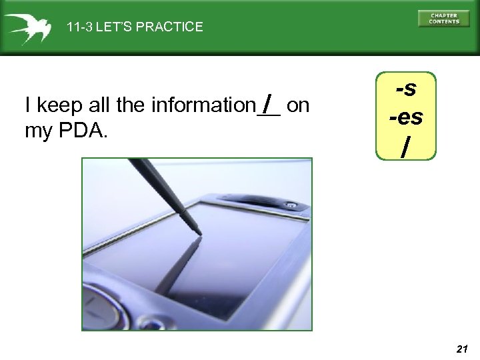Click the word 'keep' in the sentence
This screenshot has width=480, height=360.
tap(58, 105)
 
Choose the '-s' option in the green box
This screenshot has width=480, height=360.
tap(407, 88)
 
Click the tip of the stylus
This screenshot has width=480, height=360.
tap(199, 232)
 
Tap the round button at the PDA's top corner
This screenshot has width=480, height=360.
tap(291, 204)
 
